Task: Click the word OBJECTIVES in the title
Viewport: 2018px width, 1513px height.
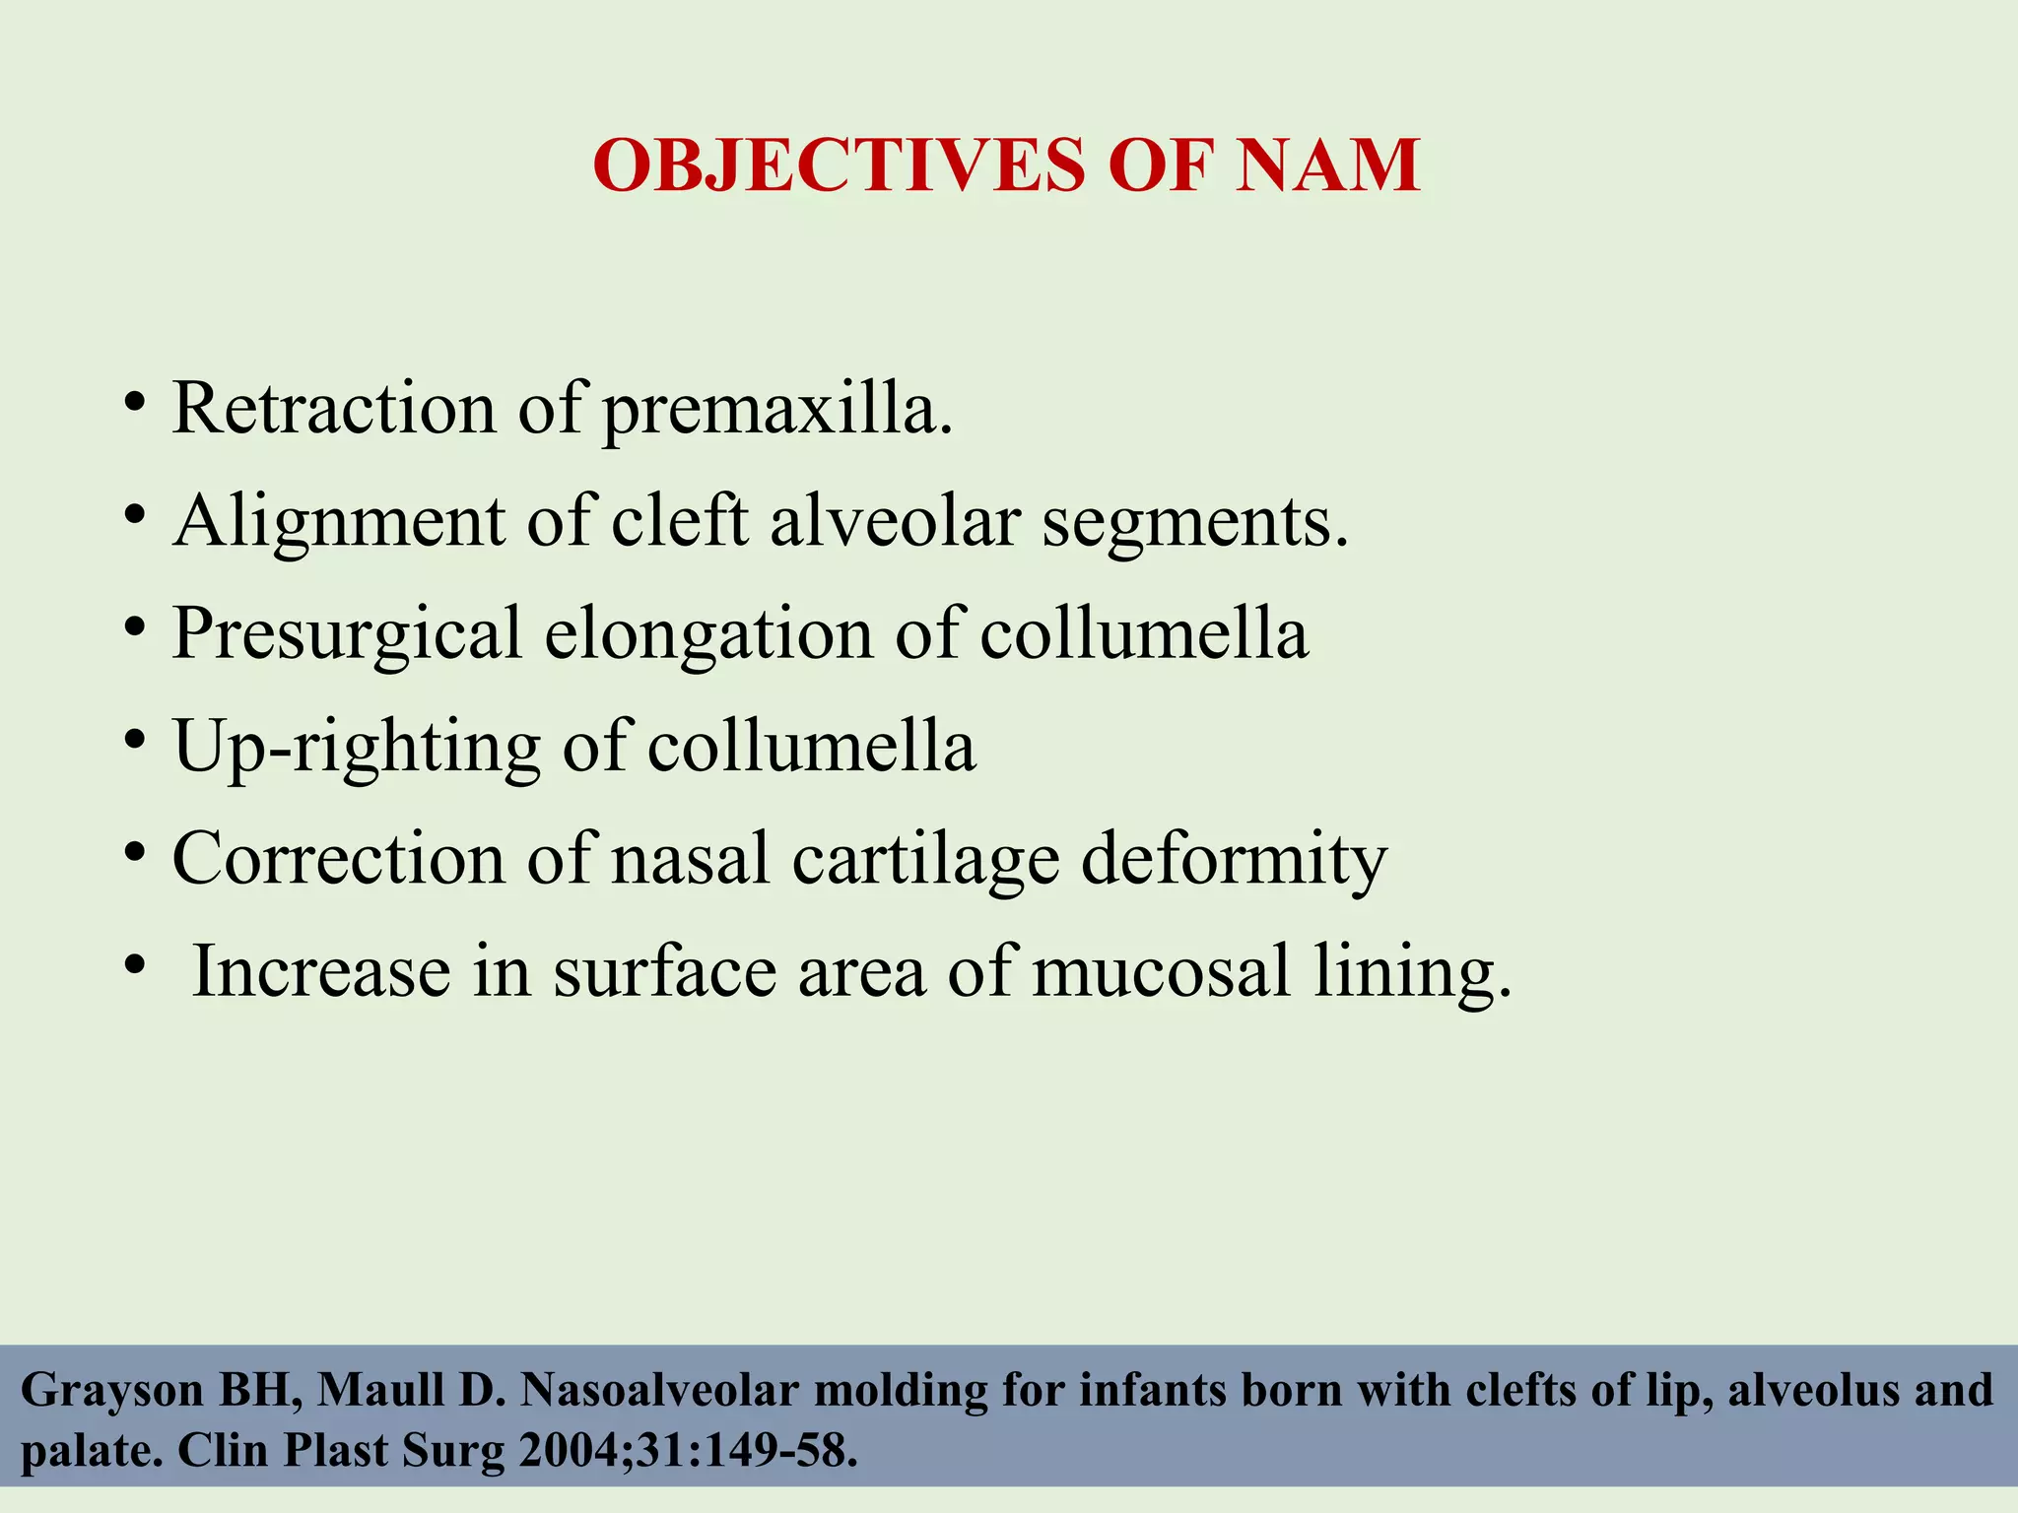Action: point(838,165)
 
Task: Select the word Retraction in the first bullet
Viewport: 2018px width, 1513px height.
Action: point(334,408)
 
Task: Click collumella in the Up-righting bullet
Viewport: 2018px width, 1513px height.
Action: point(811,746)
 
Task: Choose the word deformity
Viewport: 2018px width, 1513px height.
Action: point(1234,860)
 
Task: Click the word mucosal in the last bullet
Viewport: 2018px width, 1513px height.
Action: point(1161,971)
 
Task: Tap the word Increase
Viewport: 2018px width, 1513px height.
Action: point(320,971)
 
